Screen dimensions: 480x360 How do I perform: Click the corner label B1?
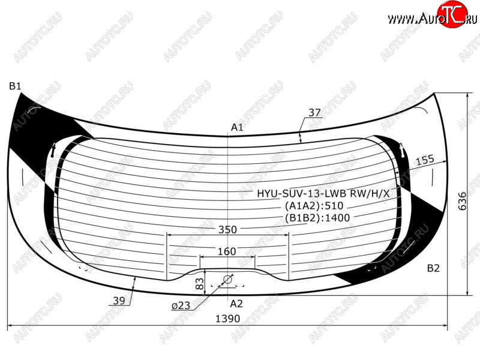pyautogui.click(x=15, y=86)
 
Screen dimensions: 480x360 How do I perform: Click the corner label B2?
pyautogui.click(x=433, y=268)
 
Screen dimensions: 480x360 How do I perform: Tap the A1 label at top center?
pyautogui.click(x=237, y=127)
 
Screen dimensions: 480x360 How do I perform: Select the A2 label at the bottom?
pyautogui.click(x=236, y=304)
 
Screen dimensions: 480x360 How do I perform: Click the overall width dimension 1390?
pyautogui.click(x=228, y=319)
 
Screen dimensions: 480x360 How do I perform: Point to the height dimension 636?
pyautogui.click(x=462, y=201)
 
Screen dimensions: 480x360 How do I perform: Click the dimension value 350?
pyautogui.click(x=227, y=230)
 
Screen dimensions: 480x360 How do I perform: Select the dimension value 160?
pyautogui.click(x=227, y=251)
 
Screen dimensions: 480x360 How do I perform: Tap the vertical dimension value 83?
pyautogui.click(x=199, y=284)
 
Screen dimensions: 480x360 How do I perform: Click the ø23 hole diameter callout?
pyautogui.click(x=181, y=305)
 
